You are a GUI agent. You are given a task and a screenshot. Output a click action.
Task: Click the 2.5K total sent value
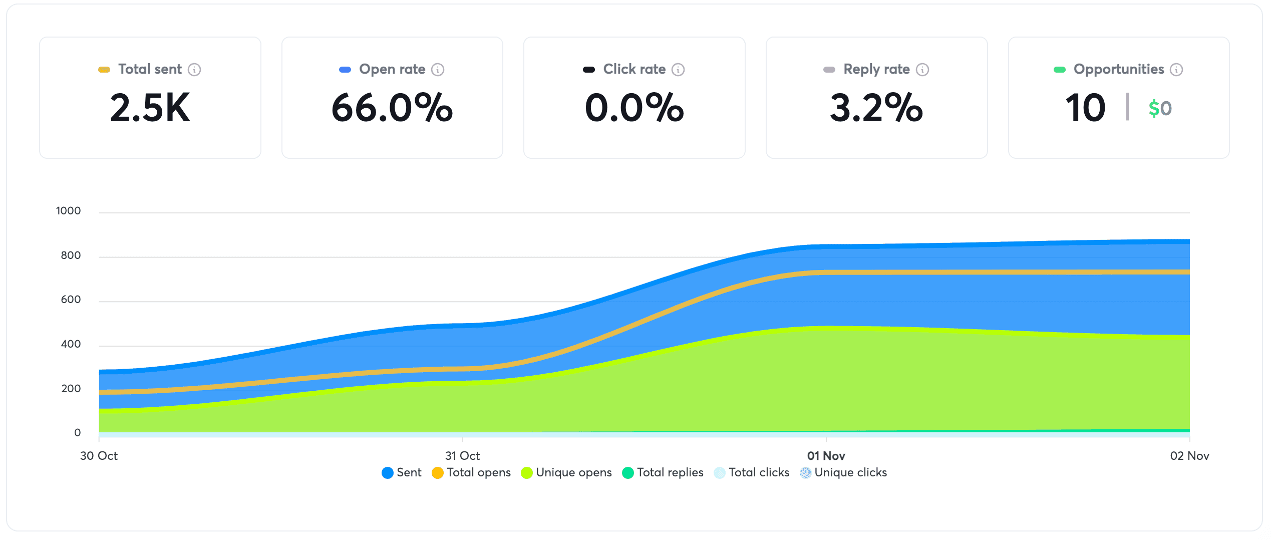pos(150,108)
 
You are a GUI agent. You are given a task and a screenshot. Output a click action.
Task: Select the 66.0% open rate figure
pos(392,108)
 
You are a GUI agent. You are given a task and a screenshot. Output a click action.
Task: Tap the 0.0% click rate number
pos(634,108)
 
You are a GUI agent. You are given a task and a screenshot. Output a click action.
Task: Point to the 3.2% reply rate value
pos(876,108)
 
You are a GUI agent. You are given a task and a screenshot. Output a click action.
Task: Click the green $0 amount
pos(1160,108)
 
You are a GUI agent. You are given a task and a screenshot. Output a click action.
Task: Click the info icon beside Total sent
pos(194,70)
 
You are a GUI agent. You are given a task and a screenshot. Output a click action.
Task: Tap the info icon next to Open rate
pos(438,70)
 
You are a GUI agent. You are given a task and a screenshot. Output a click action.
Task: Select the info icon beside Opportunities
pos(1176,70)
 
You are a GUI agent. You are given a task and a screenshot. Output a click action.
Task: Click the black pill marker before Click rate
pos(589,70)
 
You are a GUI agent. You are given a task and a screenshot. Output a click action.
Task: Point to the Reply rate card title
pos(876,69)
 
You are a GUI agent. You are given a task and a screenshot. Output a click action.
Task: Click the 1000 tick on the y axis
pos(68,211)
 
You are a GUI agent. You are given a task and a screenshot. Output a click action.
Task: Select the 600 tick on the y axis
pos(71,300)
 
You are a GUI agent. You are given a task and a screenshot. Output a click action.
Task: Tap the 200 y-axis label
pos(71,389)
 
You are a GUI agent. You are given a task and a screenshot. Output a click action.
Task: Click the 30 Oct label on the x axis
pos(99,456)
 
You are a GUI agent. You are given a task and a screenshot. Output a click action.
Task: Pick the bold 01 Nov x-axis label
pos(826,456)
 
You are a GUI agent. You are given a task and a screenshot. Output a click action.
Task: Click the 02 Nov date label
pos(1189,456)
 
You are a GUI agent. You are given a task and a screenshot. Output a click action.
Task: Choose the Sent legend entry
pos(402,472)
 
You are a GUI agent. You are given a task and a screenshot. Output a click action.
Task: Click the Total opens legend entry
pos(471,472)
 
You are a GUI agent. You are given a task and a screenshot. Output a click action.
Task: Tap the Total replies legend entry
pos(663,472)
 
